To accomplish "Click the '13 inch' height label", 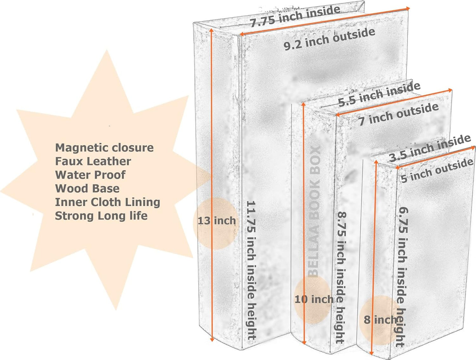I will [x=216, y=221].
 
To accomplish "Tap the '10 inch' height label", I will [x=314, y=299].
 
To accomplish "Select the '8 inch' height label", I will [x=380, y=319].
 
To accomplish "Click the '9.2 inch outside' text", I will [x=329, y=39].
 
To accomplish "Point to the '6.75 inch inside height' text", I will [x=402, y=277].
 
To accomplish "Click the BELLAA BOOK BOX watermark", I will [x=314, y=211].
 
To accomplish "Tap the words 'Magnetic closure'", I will [x=104, y=147].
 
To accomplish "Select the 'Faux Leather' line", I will [x=93, y=161].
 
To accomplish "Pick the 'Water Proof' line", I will [x=90, y=175].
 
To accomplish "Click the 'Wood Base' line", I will [x=87, y=189].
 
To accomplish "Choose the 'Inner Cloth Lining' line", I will [x=107, y=202].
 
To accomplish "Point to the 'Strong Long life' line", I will [x=101, y=216].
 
